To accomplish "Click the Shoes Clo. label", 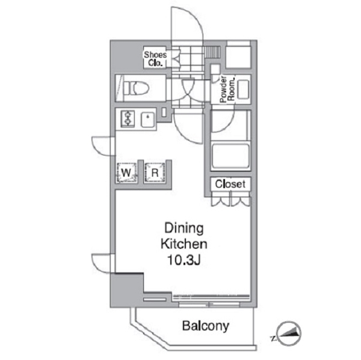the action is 155,59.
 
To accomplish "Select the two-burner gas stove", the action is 128,118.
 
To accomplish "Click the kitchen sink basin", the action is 147,120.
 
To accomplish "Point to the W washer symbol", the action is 126,172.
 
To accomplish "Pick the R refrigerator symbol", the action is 155,172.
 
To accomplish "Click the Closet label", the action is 230,184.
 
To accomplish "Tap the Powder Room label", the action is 227,89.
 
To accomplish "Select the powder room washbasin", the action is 243,90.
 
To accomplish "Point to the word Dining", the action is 184,228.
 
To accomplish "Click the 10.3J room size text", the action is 184,260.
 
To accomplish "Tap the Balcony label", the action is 206,326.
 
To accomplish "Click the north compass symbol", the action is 289,334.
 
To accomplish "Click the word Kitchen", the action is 184,244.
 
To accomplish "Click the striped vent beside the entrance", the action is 212,52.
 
